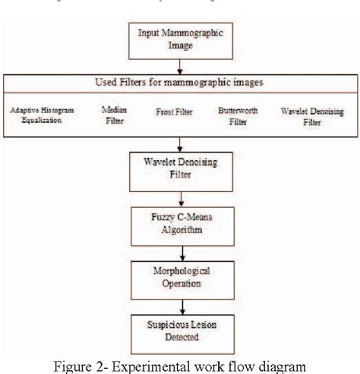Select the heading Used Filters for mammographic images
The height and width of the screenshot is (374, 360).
(x=180, y=82)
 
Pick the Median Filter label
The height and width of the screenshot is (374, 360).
(x=114, y=114)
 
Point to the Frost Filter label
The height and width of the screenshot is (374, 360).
(x=174, y=112)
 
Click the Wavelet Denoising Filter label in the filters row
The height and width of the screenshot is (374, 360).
(x=311, y=115)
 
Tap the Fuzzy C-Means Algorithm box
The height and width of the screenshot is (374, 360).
(x=180, y=226)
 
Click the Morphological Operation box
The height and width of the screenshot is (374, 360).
(x=180, y=277)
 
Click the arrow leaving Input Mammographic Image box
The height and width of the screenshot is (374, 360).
(x=180, y=67)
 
